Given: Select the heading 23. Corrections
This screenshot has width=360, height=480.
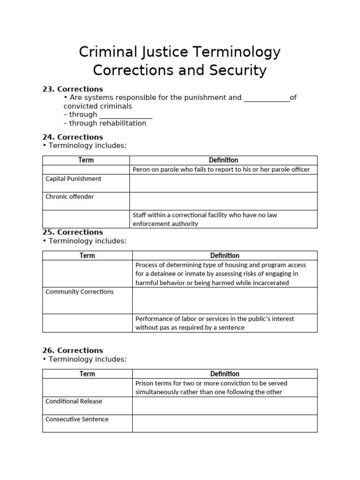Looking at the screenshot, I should point(73,89).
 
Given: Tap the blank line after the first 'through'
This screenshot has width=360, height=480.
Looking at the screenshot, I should point(126,115).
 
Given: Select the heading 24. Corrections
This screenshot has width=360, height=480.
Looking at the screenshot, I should point(73,137).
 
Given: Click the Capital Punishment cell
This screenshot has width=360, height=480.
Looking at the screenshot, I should point(73,179).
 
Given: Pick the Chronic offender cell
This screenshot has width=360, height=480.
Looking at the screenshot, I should point(69,197).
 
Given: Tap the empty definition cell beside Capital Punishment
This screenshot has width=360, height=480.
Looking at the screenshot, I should point(224,183).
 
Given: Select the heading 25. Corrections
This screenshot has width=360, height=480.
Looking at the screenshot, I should point(73,232).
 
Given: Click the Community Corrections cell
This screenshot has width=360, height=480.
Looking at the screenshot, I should point(79,292).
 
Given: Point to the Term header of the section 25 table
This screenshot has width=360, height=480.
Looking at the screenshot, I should point(87,255).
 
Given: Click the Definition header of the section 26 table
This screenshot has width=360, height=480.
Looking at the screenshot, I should point(225,374).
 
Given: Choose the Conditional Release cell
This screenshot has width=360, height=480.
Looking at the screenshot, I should point(74,401).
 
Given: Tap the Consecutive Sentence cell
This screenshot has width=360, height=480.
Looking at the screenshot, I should point(76,419).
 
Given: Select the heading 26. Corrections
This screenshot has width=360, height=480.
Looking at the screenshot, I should point(73,351).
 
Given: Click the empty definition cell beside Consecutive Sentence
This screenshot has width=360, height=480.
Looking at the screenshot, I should point(225,423).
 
